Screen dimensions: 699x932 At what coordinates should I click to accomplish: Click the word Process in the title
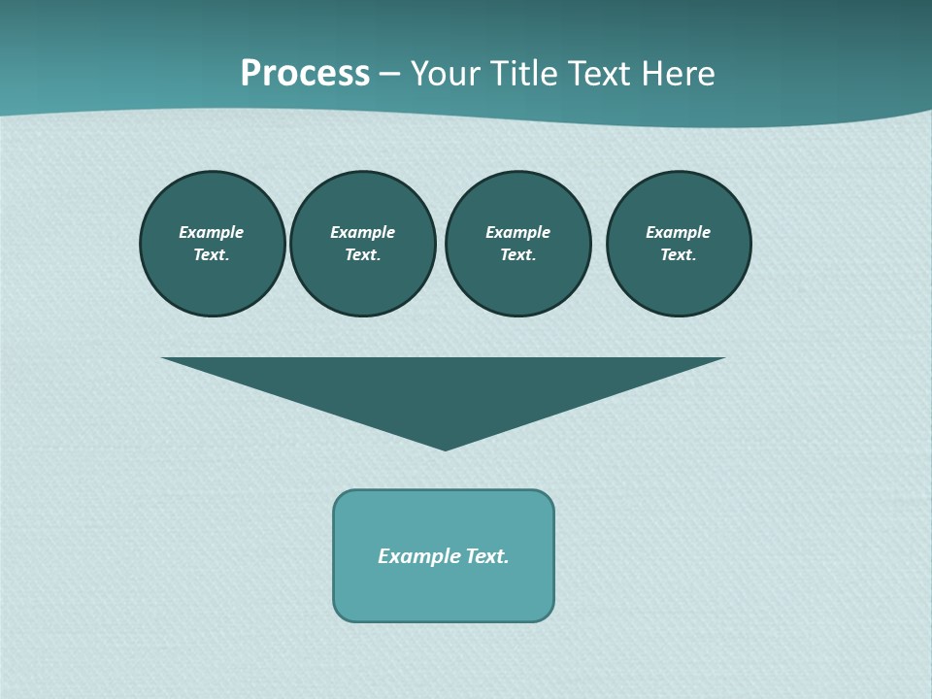305,74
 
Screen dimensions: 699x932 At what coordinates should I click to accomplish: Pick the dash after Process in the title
389,74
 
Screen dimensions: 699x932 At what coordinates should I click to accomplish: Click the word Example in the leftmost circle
212,232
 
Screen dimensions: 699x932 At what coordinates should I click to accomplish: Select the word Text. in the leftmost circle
212,255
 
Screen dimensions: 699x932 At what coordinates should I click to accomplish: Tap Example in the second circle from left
362,232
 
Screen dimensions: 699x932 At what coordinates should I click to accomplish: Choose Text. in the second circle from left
362,255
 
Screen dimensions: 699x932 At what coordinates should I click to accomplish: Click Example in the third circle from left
517,232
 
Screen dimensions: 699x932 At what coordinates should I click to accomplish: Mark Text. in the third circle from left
517,255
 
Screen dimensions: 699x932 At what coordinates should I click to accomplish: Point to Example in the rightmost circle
678,232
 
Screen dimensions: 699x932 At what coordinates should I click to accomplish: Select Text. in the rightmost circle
678,255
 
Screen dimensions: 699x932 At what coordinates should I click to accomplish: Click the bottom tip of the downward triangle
445,448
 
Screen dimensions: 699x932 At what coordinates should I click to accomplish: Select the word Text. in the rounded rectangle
487,556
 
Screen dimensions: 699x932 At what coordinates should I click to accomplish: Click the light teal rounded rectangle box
444,592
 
